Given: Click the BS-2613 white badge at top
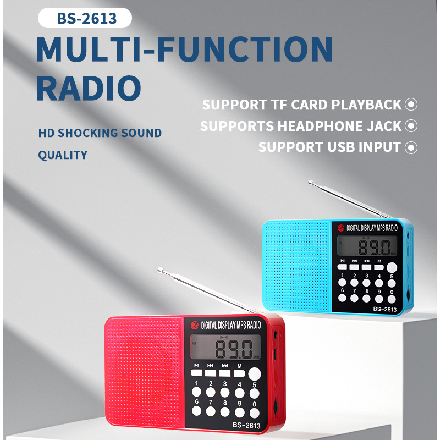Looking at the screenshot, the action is [x=85, y=18].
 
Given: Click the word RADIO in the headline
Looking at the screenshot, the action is [x=89, y=88].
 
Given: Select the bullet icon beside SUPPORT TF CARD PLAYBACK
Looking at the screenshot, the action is [x=411, y=105].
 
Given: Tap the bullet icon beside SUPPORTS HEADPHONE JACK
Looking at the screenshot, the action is [x=411, y=126].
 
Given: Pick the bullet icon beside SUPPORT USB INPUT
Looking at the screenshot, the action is [x=411, y=147].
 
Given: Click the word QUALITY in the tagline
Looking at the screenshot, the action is [x=63, y=155].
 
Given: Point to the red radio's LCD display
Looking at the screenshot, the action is [x=226, y=347].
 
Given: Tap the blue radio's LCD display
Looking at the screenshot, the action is [x=367, y=246].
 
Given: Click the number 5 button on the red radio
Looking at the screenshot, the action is [x=255, y=394].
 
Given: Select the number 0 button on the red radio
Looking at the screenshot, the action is [x=255, y=413].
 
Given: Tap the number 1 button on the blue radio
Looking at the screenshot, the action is [x=342, y=282].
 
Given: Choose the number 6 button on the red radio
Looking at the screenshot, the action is [x=196, y=411].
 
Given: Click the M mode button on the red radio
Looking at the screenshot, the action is [x=239, y=373].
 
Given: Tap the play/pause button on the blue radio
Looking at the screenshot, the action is [x=342, y=267].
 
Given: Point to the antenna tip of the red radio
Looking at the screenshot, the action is [x=160, y=269].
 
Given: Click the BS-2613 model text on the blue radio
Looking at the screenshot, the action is [x=384, y=309].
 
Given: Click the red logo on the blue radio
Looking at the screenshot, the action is [x=341, y=228].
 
